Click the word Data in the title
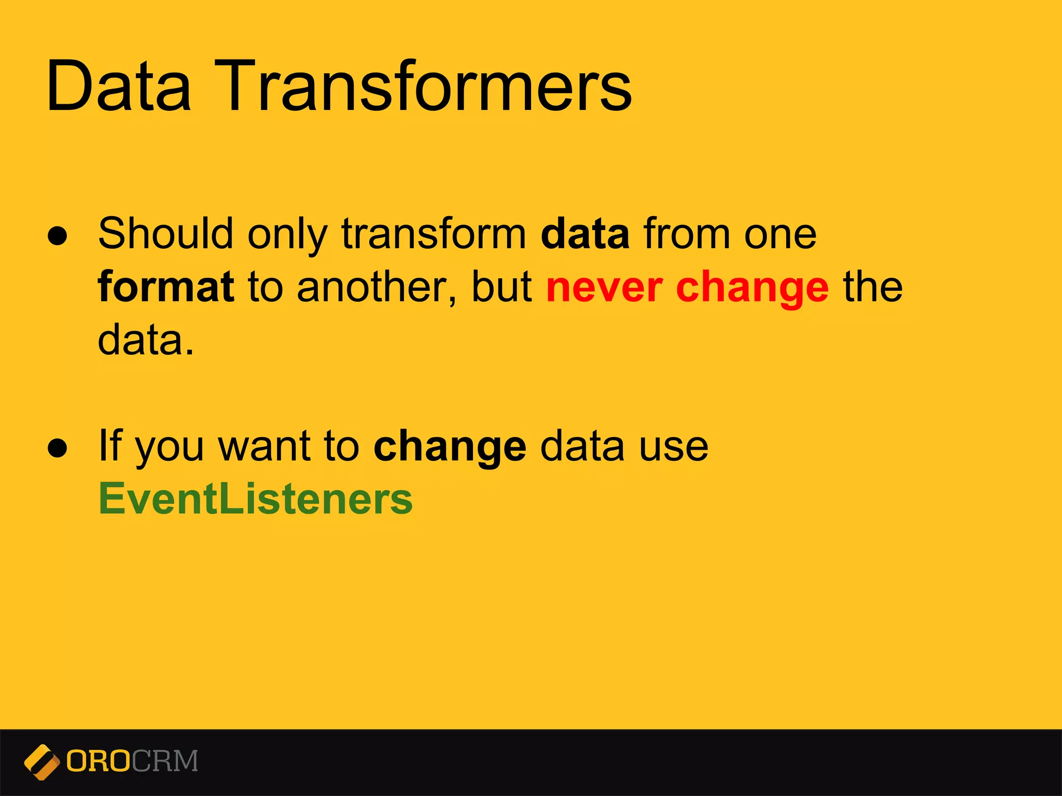click(x=119, y=87)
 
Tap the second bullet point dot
click(x=58, y=448)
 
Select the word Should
click(x=165, y=234)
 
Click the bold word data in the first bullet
click(x=585, y=234)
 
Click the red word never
click(x=604, y=288)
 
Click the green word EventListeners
click(x=256, y=499)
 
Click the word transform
click(x=434, y=234)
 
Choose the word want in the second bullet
click(x=263, y=447)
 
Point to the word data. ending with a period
click(x=146, y=340)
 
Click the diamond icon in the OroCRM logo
click(x=41, y=762)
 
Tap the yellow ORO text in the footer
click(x=98, y=761)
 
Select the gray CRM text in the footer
click(x=165, y=761)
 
